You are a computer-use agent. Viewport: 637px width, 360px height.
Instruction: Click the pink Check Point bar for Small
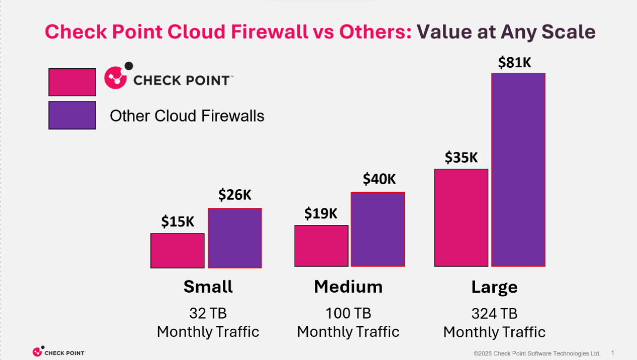pos(177,251)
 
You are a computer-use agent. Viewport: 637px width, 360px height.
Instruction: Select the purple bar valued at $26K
pos(235,238)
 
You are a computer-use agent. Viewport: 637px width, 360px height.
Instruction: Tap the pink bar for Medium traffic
pos(322,246)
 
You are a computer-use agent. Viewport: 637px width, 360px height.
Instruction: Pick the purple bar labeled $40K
pos(378,229)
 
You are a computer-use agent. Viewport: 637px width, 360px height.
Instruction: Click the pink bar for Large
pos(461,217)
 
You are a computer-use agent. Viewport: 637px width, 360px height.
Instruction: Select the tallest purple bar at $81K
pos(518,170)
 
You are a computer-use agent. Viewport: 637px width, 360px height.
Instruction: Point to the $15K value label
pos(177,221)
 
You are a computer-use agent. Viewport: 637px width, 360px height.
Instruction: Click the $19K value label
pos(321,213)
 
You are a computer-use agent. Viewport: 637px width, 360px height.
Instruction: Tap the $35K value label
pos(461,158)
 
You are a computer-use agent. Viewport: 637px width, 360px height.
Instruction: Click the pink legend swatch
pos(72,82)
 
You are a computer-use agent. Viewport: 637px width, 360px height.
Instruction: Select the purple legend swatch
pos(72,115)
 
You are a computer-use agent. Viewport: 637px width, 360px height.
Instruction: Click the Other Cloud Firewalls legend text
pos(187,116)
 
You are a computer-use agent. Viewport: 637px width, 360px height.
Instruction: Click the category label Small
pos(208,287)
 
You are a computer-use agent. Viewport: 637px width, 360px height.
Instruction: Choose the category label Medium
pos(348,287)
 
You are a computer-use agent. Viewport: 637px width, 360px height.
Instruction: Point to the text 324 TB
pos(494,313)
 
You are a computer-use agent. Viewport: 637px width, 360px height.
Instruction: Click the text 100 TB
pos(348,313)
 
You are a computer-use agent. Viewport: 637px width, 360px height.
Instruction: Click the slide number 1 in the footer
pos(613,352)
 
